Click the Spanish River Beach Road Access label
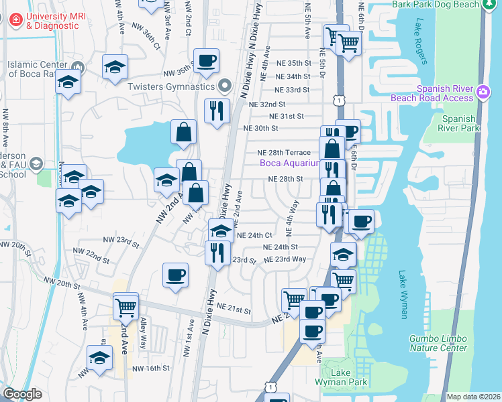440,93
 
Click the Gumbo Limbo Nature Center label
438,344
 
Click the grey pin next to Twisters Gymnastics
225,87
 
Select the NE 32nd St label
267,105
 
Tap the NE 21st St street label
234,310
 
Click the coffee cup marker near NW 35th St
206,60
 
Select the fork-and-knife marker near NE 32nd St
217,111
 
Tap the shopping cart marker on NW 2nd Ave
125,307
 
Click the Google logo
22,394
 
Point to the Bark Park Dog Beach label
436,4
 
